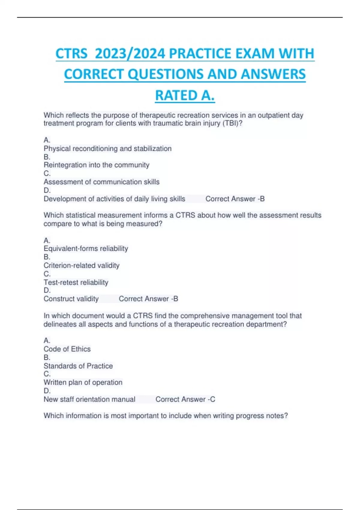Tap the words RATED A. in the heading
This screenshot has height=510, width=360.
point(185,95)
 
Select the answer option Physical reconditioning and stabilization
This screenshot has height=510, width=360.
point(107,148)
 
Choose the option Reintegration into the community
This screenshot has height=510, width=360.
point(96,165)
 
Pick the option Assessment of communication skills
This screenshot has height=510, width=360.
point(101,182)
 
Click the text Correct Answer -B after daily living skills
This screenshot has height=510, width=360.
point(235,199)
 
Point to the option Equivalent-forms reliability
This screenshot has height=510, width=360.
point(86,248)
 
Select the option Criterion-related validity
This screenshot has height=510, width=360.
point(81,265)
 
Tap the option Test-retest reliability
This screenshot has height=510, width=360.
point(76,282)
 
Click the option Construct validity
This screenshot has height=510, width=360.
point(71,299)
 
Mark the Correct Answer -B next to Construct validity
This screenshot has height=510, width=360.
point(148,299)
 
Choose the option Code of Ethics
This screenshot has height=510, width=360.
point(67,349)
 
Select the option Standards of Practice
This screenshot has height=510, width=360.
point(78,366)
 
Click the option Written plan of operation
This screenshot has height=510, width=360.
point(83,382)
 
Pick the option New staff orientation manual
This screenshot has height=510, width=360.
point(89,399)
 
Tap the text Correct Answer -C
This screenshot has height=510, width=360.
point(185,399)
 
